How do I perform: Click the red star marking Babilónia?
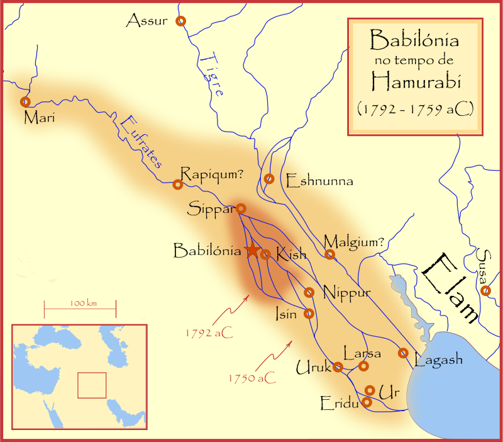[252, 250]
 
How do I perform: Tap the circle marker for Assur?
[181, 21]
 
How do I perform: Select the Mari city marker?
[25, 101]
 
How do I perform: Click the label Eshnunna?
[319, 182]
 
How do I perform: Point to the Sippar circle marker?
[241, 208]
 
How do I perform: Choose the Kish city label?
[290, 254]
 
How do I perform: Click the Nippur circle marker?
[309, 292]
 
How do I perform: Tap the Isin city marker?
[309, 313]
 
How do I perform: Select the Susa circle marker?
[485, 290]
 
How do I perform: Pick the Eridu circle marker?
[367, 401]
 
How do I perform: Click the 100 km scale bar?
[80, 309]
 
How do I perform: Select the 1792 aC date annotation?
[209, 332]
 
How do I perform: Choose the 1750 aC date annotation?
[251, 378]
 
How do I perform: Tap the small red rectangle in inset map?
[91, 385]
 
